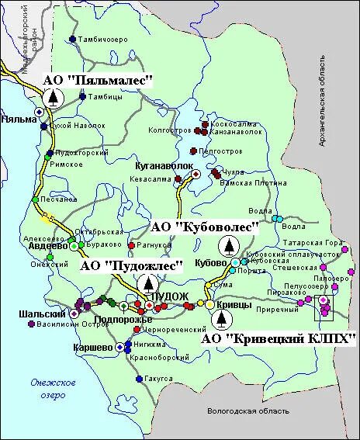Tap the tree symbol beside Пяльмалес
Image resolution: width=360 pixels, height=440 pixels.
[x=53, y=98]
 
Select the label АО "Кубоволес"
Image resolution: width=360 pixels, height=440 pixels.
[x=204, y=227]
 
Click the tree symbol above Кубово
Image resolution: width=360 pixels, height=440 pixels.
[x=230, y=246]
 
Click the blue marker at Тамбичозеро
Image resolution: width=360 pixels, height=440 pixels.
[x=72, y=39]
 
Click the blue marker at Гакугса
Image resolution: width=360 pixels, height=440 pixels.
[x=138, y=379]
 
